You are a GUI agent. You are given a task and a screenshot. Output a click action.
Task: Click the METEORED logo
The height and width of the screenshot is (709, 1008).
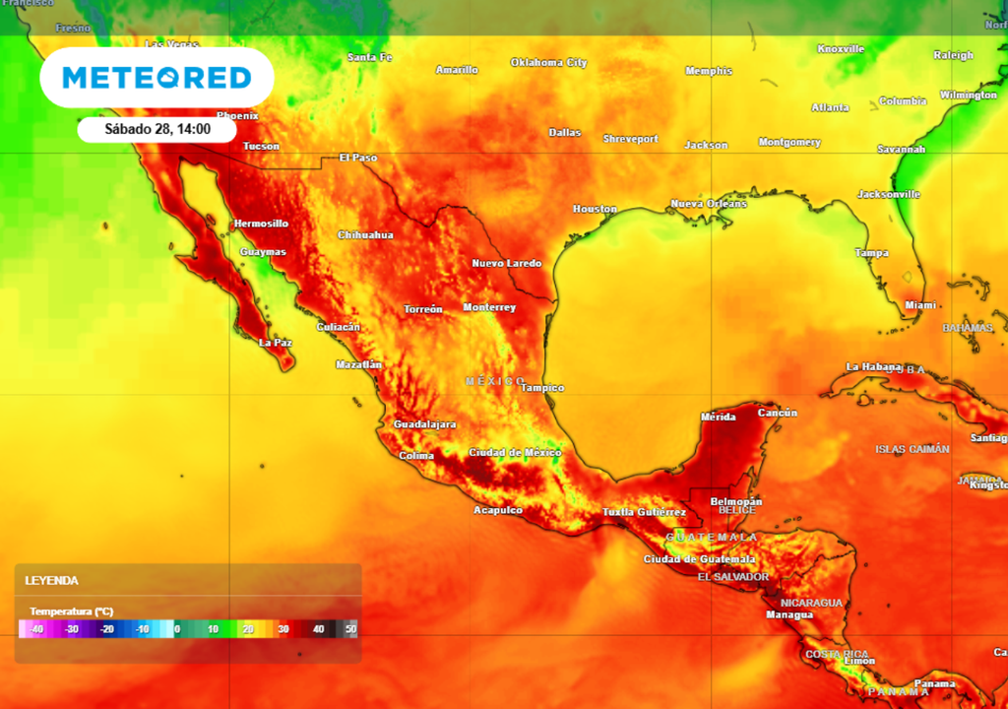click(157, 78)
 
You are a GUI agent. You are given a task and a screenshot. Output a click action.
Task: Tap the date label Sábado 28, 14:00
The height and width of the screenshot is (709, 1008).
click(157, 129)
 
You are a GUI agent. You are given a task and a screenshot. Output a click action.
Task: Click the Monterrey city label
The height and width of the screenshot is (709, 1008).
click(489, 307)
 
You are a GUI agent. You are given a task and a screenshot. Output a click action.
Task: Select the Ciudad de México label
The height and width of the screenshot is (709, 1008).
click(515, 453)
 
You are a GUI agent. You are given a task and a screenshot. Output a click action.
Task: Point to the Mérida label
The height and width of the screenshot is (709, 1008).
click(718, 417)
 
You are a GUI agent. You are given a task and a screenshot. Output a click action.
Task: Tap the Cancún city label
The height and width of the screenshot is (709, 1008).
click(778, 413)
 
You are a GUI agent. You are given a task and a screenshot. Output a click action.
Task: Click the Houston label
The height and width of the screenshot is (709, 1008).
click(595, 209)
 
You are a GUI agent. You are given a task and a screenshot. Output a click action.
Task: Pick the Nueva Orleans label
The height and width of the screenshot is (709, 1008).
click(709, 204)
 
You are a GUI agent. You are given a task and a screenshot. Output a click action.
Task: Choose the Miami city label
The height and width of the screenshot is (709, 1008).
click(920, 305)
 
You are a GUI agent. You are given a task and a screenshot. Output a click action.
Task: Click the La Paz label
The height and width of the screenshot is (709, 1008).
click(276, 343)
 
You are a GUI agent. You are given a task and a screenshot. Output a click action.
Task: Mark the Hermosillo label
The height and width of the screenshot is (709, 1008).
click(261, 224)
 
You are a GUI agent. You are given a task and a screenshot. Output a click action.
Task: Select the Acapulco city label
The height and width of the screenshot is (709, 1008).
click(498, 510)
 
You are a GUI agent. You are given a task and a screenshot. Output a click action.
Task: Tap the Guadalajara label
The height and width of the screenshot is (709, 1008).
click(424, 424)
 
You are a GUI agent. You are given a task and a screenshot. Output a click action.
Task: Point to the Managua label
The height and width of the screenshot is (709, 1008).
click(789, 614)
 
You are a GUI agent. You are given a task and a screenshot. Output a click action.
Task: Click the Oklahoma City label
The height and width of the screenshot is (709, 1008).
click(548, 63)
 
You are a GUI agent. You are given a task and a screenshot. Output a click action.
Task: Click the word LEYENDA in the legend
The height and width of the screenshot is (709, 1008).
click(52, 581)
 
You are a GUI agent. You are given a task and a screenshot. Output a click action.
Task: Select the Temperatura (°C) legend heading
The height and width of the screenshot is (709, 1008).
click(71, 612)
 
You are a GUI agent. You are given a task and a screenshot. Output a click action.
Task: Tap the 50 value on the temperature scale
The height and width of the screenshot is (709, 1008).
click(350, 628)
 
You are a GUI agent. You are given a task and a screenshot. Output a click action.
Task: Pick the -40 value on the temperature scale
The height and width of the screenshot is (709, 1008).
click(36, 628)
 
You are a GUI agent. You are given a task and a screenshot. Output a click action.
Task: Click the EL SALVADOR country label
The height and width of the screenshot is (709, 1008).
click(732, 577)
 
